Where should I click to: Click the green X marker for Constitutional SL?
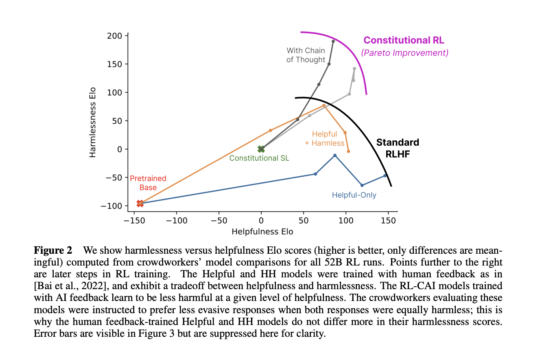pyautogui.click(x=261, y=149)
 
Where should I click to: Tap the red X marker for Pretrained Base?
pyautogui.click(x=140, y=203)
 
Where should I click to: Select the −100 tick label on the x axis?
pyautogui.click(x=176, y=220)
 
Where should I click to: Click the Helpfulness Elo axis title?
pyautogui.click(x=262, y=232)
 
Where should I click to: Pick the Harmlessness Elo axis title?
pyautogui.click(x=93, y=122)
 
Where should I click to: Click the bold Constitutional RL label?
pyautogui.click(x=404, y=40)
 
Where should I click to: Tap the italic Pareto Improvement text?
pyautogui.click(x=405, y=53)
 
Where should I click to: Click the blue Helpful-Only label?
pyautogui.click(x=354, y=195)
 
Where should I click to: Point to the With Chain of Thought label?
pyautogui.click(x=306, y=55)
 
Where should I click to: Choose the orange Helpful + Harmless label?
pyautogui.click(x=325, y=138)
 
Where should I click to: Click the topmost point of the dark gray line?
pyautogui.click(x=333, y=41)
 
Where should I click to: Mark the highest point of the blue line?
pyautogui.click(x=335, y=155)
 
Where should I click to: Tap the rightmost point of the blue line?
pyautogui.click(x=385, y=176)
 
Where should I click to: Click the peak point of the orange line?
pyautogui.click(x=324, y=105)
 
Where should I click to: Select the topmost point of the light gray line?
pyautogui.click(x=354, y=68)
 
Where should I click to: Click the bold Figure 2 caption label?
pyautogui.click(x=52, y=250)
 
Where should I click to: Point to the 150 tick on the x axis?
pyautogui.click(x=388, y=220)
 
